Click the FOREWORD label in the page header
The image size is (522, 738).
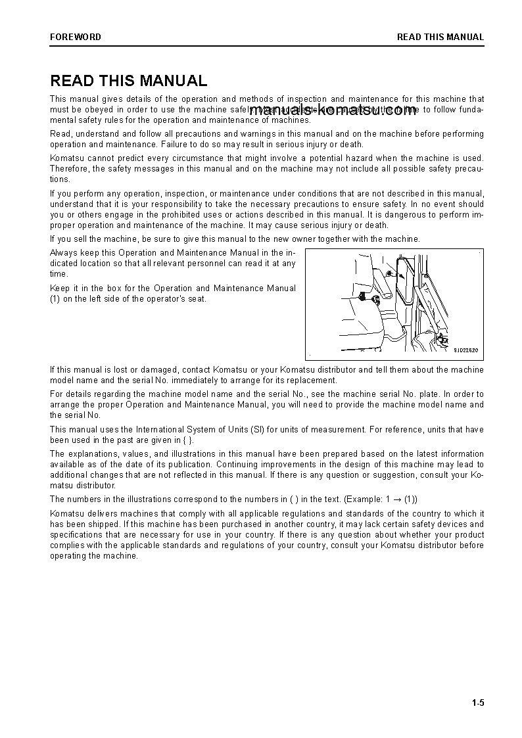click(76, 37)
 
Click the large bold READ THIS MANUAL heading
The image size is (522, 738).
click(129, 81)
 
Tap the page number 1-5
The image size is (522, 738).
click(477, 703)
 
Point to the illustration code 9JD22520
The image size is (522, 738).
click(465, 350)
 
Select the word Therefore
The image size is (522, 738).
click(70, 168)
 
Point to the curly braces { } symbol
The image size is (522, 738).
click(189, 440)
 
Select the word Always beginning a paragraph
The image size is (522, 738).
click(63, 252)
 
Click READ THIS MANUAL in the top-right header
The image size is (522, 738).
click(440, 37)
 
